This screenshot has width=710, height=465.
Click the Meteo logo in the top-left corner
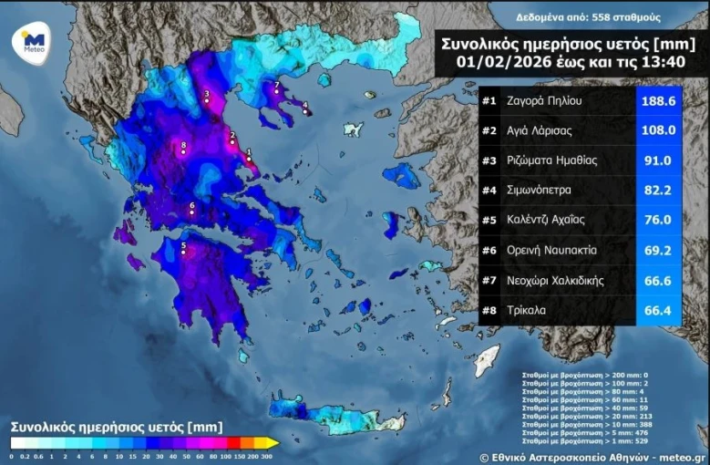(33, 42)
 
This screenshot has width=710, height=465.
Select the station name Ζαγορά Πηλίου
(544, 101)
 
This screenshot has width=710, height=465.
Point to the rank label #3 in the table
(489, 160)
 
